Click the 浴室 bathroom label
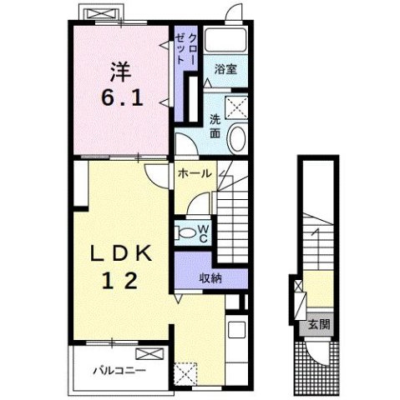click(225, 69)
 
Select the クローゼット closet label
click(185, 49)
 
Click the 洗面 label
click(215, 127)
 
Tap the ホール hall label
click(195, 173)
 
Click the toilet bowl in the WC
click(187, 232)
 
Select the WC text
click(204, 233)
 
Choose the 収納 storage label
click(210, 278)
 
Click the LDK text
click(121, 253)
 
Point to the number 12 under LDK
click(120, 280)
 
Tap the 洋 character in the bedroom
click(121, 72)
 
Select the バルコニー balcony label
click(119, 371)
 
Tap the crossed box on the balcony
click(149, 354)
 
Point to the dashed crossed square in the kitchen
click(185, 373)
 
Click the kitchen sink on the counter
click(236, 330)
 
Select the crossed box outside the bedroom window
click(100, 13)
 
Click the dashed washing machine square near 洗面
click(236, 107)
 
